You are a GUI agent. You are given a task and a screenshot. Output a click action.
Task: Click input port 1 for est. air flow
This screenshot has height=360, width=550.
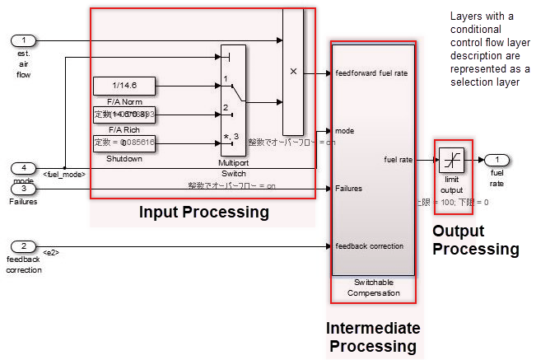25,40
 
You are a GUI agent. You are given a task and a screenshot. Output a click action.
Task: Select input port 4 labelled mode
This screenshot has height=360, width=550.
25,168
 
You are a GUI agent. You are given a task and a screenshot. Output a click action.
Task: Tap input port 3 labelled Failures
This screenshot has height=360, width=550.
25,189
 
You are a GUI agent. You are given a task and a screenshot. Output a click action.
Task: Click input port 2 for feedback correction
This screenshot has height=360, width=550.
25,245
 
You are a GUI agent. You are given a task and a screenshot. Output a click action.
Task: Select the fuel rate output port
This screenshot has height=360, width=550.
497,159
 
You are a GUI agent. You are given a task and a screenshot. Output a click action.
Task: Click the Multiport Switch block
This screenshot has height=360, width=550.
233,99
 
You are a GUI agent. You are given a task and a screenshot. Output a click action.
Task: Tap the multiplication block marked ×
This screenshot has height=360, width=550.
292,72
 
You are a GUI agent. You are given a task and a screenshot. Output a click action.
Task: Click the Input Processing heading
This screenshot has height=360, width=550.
203,213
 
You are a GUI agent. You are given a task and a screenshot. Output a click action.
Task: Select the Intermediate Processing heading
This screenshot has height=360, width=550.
373,337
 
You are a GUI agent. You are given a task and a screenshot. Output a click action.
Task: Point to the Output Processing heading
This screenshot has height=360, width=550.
476,240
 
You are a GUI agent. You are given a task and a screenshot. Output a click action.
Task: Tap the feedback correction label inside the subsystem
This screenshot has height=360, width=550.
370,245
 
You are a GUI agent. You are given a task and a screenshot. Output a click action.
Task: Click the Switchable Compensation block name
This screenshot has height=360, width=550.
372,288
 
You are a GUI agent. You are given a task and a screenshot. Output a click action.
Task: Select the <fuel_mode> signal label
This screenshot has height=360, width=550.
65,175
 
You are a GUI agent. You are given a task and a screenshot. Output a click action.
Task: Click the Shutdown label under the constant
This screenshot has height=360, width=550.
124,159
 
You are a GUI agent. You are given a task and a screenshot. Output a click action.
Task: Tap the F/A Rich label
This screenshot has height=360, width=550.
124,129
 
